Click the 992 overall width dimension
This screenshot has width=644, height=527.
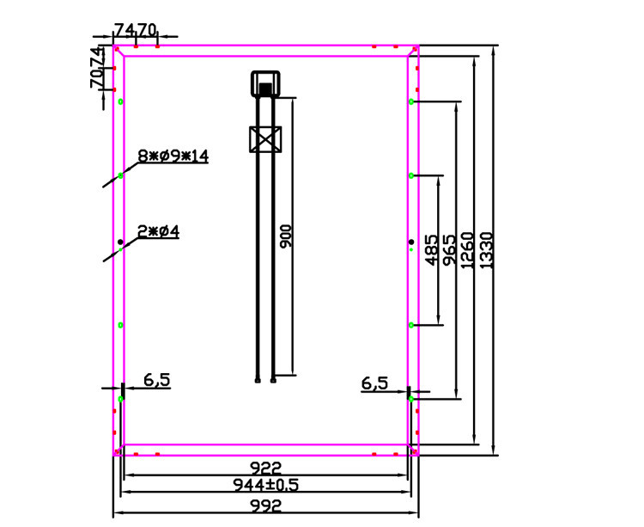click(x=265, y=506)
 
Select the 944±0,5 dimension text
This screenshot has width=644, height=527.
click(x=265, y=485)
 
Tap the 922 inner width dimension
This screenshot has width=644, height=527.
click(x=265, y=468)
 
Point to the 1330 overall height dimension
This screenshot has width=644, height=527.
click(x=486, y=250)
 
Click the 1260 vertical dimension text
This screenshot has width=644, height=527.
click(x=468, y=250)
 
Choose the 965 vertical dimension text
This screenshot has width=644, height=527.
click(x=450, y=250)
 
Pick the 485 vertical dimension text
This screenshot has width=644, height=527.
click(x=431, y=250)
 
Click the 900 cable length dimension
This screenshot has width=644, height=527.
click(x=286, y=236)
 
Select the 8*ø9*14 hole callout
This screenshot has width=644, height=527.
click(x=173, y=156)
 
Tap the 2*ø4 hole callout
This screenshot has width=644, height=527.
click(x=159, y=232)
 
